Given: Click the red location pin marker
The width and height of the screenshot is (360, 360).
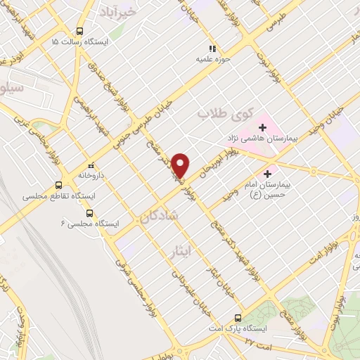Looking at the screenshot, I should [x=181, y=165].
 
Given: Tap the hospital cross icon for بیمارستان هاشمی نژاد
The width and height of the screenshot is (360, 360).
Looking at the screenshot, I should [x=263, y=127].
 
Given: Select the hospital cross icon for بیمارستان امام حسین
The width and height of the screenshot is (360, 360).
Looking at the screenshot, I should [x=266, y=174].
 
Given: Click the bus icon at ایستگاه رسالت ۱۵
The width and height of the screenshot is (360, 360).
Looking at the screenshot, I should [x=79, y=31].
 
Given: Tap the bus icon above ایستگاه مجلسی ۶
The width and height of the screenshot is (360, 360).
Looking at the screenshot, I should [x=89, y=213].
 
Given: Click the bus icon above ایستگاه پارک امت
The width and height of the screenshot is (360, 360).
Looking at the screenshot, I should [x=238, y=317].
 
